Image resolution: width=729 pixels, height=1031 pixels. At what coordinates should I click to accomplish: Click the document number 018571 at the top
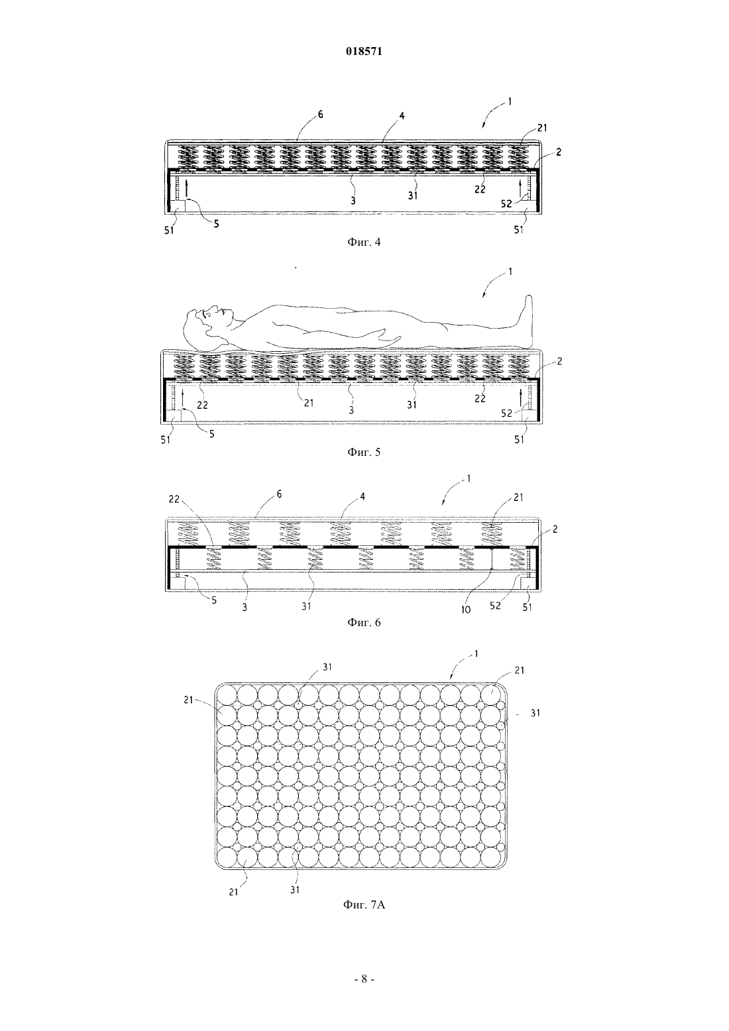364,52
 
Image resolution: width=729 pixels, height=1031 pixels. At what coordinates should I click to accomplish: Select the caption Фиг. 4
364,242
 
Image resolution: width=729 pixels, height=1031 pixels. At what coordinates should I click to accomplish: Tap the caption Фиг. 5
364,452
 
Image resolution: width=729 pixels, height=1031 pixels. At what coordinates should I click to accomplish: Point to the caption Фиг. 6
364,623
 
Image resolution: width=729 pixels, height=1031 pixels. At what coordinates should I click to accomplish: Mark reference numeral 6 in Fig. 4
320,115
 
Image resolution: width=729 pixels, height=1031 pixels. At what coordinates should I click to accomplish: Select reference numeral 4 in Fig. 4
402,116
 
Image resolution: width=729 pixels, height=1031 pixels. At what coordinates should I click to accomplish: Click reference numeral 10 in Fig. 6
466,610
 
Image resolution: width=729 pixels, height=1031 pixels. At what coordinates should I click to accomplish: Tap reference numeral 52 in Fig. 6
495,606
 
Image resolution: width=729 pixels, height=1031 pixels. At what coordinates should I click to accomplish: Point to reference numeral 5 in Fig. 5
211,434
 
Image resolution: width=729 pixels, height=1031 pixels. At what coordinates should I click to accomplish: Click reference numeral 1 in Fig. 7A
476,654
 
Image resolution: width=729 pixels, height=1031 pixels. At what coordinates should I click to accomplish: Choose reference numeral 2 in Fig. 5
559,362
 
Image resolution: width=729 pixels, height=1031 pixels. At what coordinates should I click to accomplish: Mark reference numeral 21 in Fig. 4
542,128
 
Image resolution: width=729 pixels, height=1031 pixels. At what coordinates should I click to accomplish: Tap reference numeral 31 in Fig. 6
306,606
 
